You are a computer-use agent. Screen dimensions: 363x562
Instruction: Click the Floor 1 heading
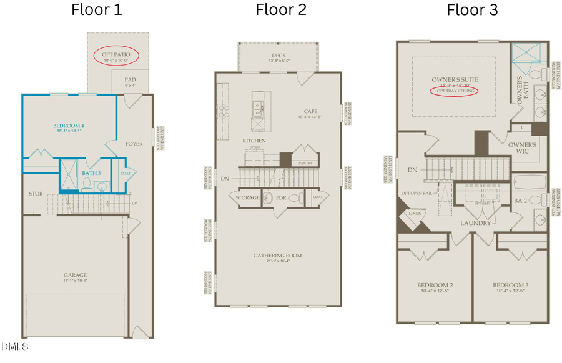click(x=97, y=10)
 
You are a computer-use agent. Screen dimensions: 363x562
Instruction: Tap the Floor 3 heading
click(x=472, y=10)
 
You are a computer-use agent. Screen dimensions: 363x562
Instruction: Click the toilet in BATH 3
click(x=87, y=184)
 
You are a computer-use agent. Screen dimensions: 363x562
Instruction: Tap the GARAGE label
click(x=75, y=275)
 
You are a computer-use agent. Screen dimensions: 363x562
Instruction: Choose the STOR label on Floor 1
click(x=36, y=194)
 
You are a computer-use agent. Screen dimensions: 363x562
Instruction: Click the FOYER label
click(x=134, y=144)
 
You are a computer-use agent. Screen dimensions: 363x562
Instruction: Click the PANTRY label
click(x=305, y=163)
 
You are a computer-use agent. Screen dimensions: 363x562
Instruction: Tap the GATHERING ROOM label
click(x=277, y=256)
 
